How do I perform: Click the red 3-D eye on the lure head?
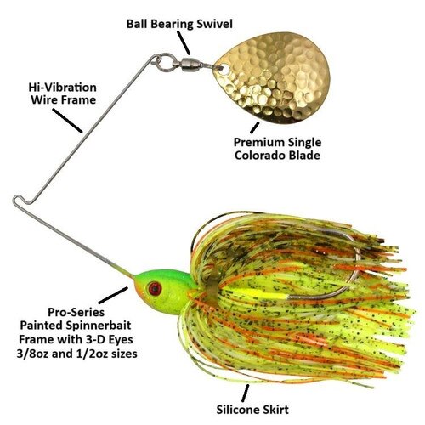click(155, 288)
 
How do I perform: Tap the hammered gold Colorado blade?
click(274, 78)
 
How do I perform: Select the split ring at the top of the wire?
click(162, 63)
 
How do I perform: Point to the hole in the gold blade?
click(224, 69)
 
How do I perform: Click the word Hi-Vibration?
click(63, 88)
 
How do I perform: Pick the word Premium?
click(256, 142)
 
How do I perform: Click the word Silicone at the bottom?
click(238, 410)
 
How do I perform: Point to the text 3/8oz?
click(32, 354)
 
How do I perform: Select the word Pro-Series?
click(76, 313)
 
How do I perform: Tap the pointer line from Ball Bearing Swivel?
click(184, 42)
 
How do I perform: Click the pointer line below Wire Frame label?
click(67, 121)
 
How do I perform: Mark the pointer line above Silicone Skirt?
click(246, 394)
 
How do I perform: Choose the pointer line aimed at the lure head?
click(113, 295)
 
